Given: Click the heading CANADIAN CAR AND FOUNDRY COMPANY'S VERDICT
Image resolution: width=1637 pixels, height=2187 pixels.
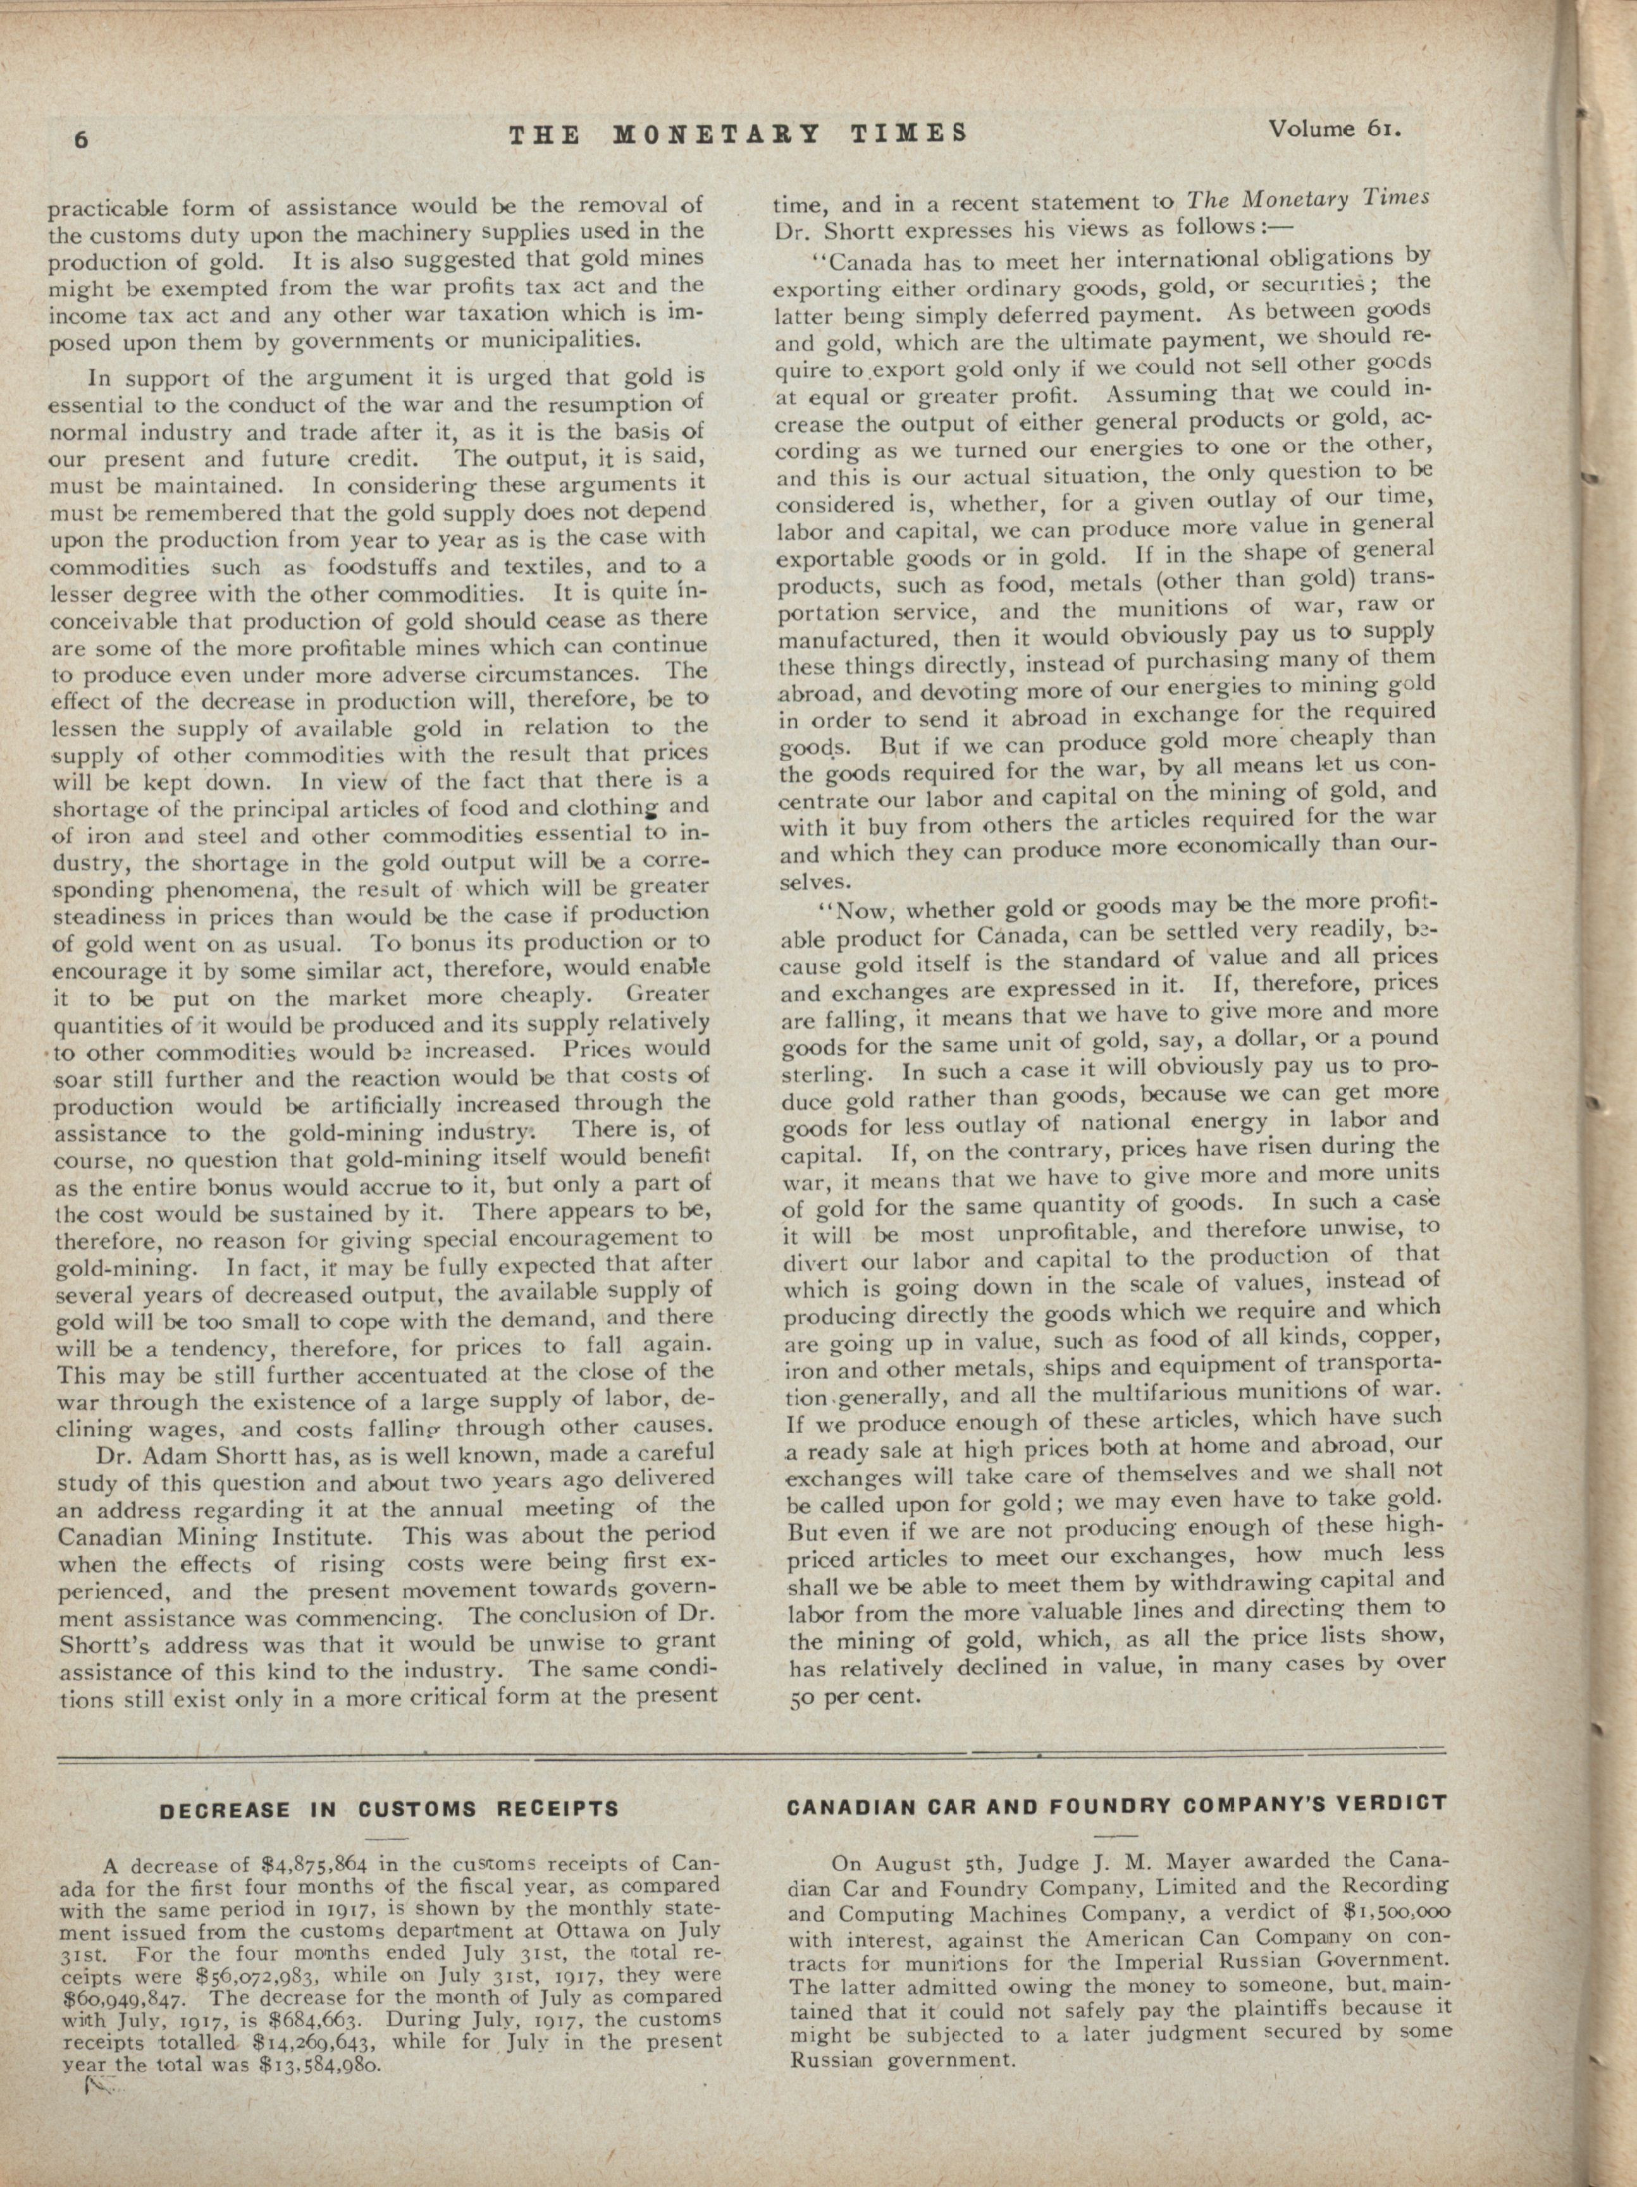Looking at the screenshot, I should click(x=1116, y=1803).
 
